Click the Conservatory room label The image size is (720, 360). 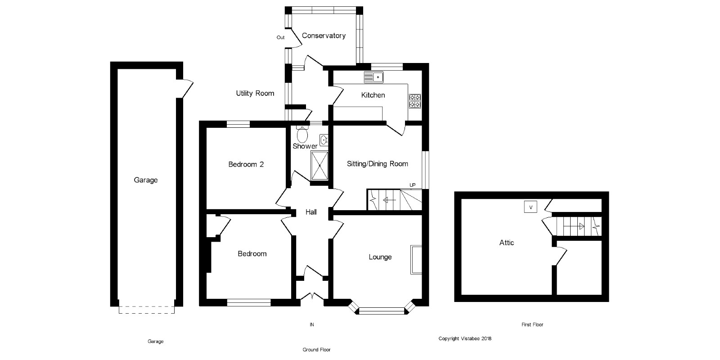pyautogui.click(x=324, y=36)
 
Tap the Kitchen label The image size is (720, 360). pyautogui.click(x=373, y=95)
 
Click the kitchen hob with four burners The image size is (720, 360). pyautogui.click(x=414, y=101)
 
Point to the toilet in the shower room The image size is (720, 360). pyautogui.click(x=302, y=134)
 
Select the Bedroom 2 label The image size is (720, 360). pyautogui.click(x=246, y=164)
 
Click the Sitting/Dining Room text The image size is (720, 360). pyautogui.click(x=378, y=164)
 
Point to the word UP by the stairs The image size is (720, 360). pyautogui.click(x=412, y=185)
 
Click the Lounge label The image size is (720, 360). pyautogui.click(x=380, y=257)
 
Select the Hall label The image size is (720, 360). pyautogui.click(x=311, y=212)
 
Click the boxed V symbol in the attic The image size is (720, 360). pyautogui.click(x=531, y=207)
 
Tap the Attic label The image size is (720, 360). pyautogui.click(x=507, y=243)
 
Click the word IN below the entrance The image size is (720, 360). pyautogui.click(x=311, y=324)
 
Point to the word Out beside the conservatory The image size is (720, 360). pyautogui.click(x=280, y=37)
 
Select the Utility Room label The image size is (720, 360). pyautogui.click(x=255, y=93)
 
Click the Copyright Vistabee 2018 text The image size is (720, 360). pyautogui.click(x=465, y=338)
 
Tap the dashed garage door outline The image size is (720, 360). pyautogui.click(x=146, y=310)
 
